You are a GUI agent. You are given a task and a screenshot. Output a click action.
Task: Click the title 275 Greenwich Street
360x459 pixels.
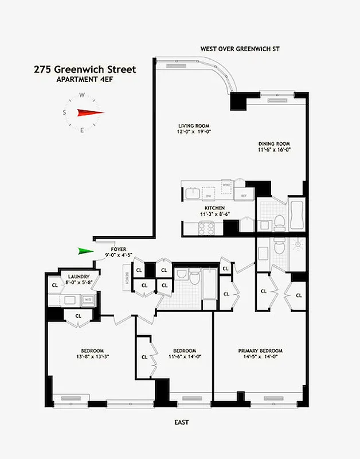coord(85,69)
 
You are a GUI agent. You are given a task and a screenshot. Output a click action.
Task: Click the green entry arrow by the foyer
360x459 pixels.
coord(86,251)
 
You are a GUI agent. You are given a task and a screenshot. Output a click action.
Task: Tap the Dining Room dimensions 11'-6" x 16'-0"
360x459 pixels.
coord(275,150)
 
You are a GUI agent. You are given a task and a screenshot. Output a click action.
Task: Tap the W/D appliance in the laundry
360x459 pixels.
coord(88,299)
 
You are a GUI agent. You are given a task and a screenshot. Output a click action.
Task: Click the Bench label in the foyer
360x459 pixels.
coord(126,278)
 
